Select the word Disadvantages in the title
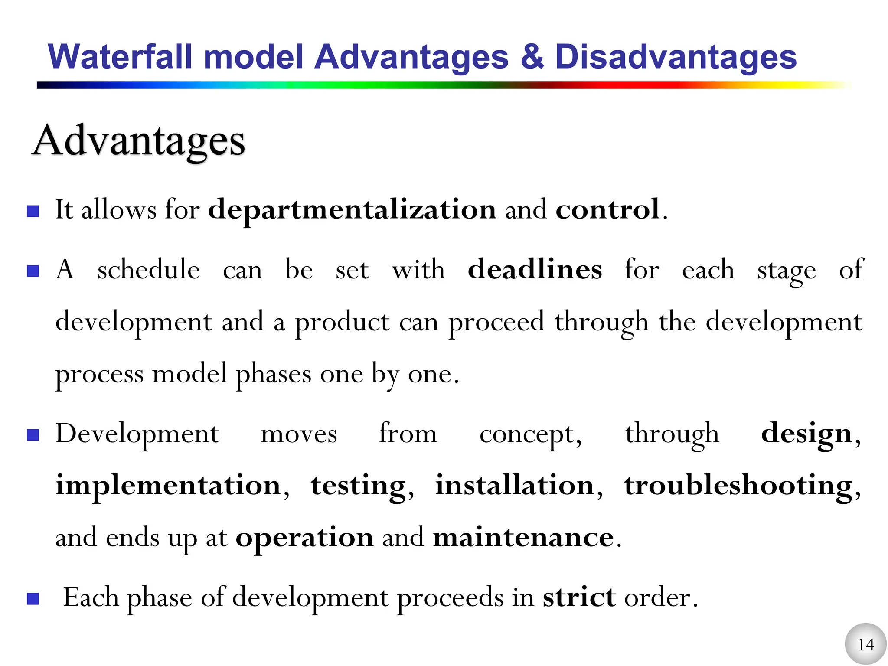point(676,58)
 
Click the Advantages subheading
point(139,141)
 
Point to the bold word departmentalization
point(352,210)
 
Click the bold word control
point(608,210)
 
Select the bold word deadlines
point(535,269)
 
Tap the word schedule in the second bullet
point(148,270)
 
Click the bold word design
point(806,434)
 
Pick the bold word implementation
point(169,485)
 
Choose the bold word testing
point(359,486)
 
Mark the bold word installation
point(515,485)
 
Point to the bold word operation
point(304,538)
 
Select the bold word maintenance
point(524,538)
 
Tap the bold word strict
point(579,597)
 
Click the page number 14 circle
point(865,644)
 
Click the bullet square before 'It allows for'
point(33,211)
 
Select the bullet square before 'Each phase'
point(33,599)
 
